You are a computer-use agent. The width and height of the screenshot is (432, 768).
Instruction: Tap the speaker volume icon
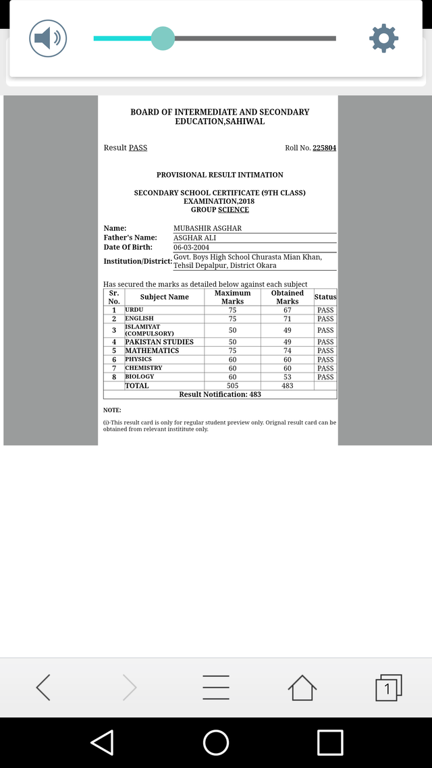(48, 38)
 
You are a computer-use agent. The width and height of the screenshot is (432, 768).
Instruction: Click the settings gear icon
(383, 38)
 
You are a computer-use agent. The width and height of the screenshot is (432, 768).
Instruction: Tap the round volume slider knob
(163, 38)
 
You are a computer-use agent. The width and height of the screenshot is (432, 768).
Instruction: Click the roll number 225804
(324, 148)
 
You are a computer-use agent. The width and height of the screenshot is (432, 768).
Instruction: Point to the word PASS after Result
(138, 148)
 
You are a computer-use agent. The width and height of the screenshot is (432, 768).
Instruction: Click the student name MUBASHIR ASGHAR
(207, 228)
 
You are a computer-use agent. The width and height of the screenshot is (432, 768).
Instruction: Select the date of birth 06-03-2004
(192, 247)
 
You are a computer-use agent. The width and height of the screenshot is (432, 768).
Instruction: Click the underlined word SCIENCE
(234, 210)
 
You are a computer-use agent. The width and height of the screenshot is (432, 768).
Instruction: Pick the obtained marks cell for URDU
(288, 310)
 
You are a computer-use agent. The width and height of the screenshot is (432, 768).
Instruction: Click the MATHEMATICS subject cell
(152, 350)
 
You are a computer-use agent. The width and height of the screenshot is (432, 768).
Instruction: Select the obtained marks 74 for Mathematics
(288, 350)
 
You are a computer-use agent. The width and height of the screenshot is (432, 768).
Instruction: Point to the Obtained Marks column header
(288, 297)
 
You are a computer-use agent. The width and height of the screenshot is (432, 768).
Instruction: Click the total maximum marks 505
(232, 385)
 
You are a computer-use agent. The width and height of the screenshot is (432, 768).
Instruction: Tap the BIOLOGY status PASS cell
(325, 377)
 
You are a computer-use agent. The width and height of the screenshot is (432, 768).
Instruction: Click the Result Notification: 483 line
(220, 394)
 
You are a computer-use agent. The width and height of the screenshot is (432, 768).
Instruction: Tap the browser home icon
(302, 688)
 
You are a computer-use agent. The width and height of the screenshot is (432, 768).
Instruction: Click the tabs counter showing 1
(387, 688)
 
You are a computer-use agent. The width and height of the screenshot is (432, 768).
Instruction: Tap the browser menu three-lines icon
(216, 688)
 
